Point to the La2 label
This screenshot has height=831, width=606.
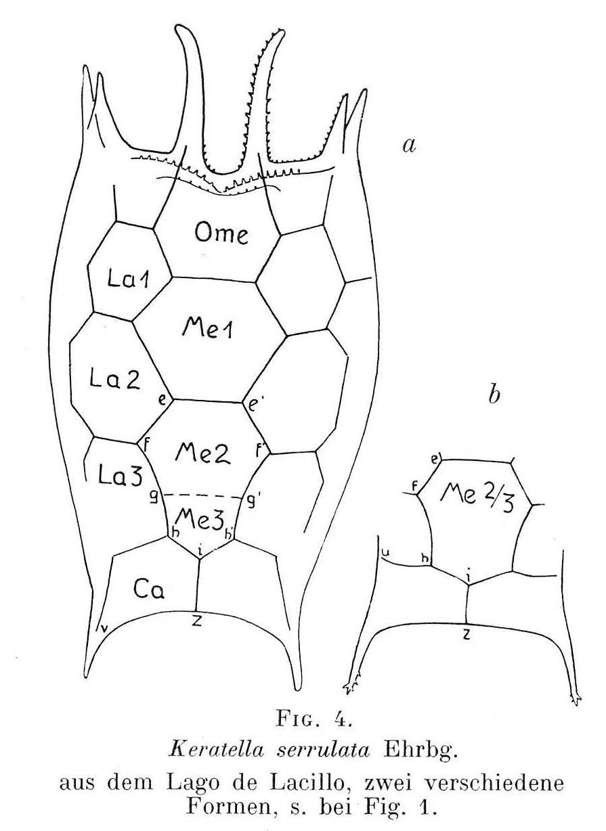tap(115, 380)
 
